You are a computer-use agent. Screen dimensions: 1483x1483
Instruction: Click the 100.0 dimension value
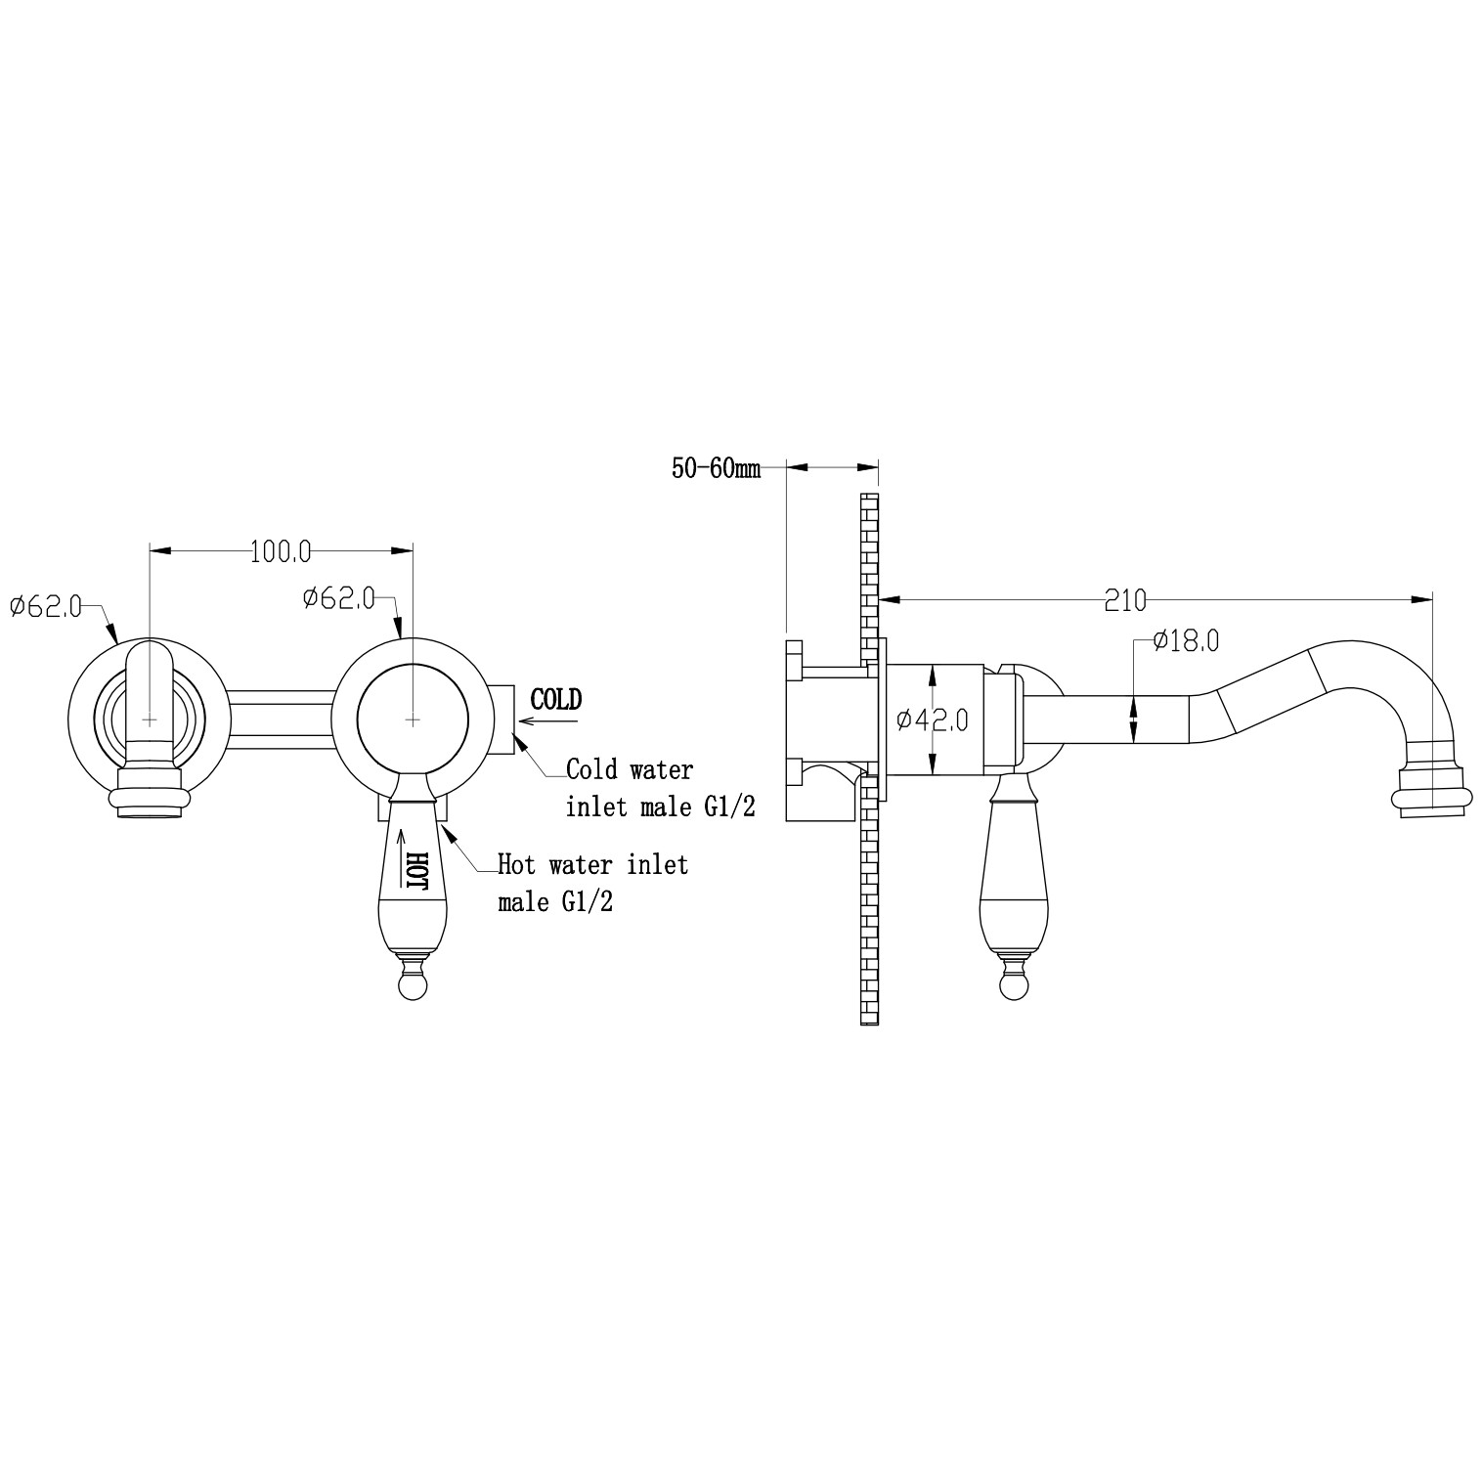pyautogui.click(x=281, y=551)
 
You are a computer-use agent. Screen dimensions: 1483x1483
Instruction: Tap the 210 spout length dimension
pyautogui.click(x=1125, y=600)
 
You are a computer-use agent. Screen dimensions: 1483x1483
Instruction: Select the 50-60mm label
pyautogui.click(x=715, y=468)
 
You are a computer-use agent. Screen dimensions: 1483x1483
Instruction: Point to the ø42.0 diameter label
pyautogui.click(x=933, y=720)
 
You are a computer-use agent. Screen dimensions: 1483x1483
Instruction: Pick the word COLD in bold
pyautogui.click(x=555, y=699)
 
